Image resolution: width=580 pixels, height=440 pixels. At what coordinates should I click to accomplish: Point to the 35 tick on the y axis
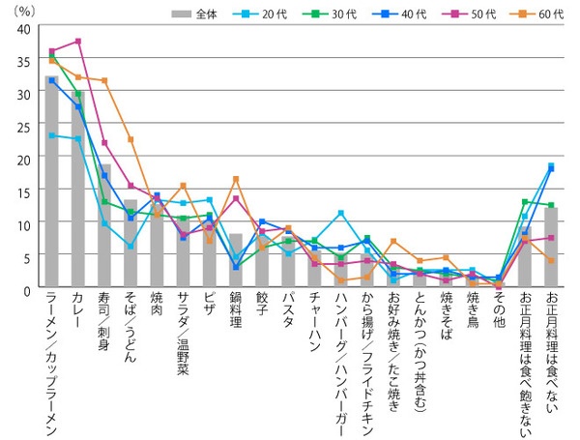point(22,62)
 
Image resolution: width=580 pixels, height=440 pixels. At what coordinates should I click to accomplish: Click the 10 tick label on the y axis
point(22,224)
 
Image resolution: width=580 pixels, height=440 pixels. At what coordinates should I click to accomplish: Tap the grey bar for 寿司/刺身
point(104,227)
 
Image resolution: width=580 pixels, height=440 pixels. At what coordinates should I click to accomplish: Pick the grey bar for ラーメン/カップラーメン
point(51,183)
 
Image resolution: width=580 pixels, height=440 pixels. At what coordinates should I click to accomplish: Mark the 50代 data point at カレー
point(78,42)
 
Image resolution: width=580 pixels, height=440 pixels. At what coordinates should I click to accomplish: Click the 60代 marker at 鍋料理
point(236,180)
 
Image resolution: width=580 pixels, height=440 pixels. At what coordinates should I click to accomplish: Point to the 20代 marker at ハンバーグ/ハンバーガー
point(340,214)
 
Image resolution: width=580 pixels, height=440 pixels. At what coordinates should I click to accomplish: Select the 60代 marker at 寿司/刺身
point(104,80)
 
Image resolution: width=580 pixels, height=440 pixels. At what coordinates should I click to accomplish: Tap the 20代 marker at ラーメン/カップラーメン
point(51,135)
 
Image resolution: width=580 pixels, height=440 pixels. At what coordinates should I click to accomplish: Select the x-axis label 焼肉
point(157,308)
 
